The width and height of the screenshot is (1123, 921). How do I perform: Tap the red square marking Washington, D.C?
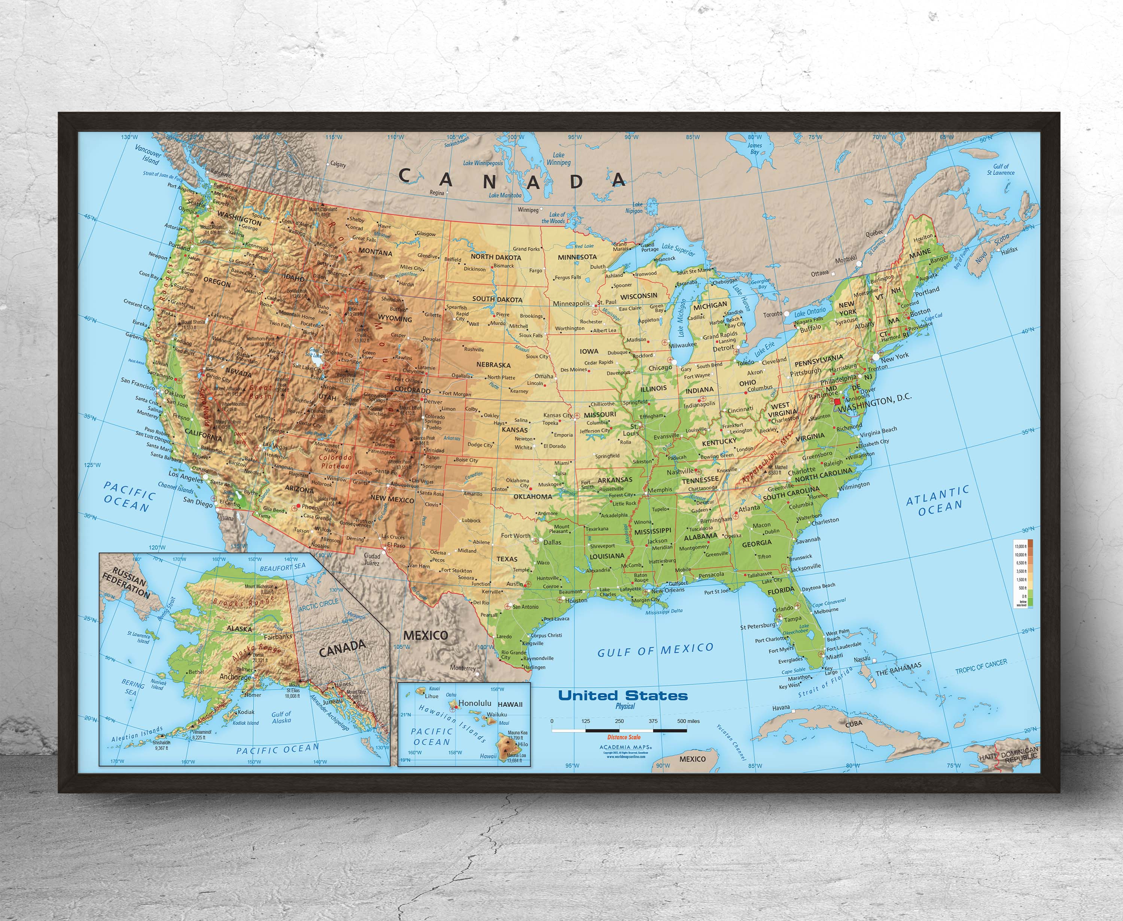point(838,403)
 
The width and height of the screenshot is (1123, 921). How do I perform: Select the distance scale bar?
point(619,730)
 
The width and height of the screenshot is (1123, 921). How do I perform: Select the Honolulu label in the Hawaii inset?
point(475,703)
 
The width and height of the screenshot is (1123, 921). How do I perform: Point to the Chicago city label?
point(660,368)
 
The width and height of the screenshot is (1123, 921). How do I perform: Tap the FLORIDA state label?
point(781,590)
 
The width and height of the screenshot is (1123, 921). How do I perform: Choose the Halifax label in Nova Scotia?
point(1010,250)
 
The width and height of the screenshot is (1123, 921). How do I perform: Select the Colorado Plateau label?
point(335,462)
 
